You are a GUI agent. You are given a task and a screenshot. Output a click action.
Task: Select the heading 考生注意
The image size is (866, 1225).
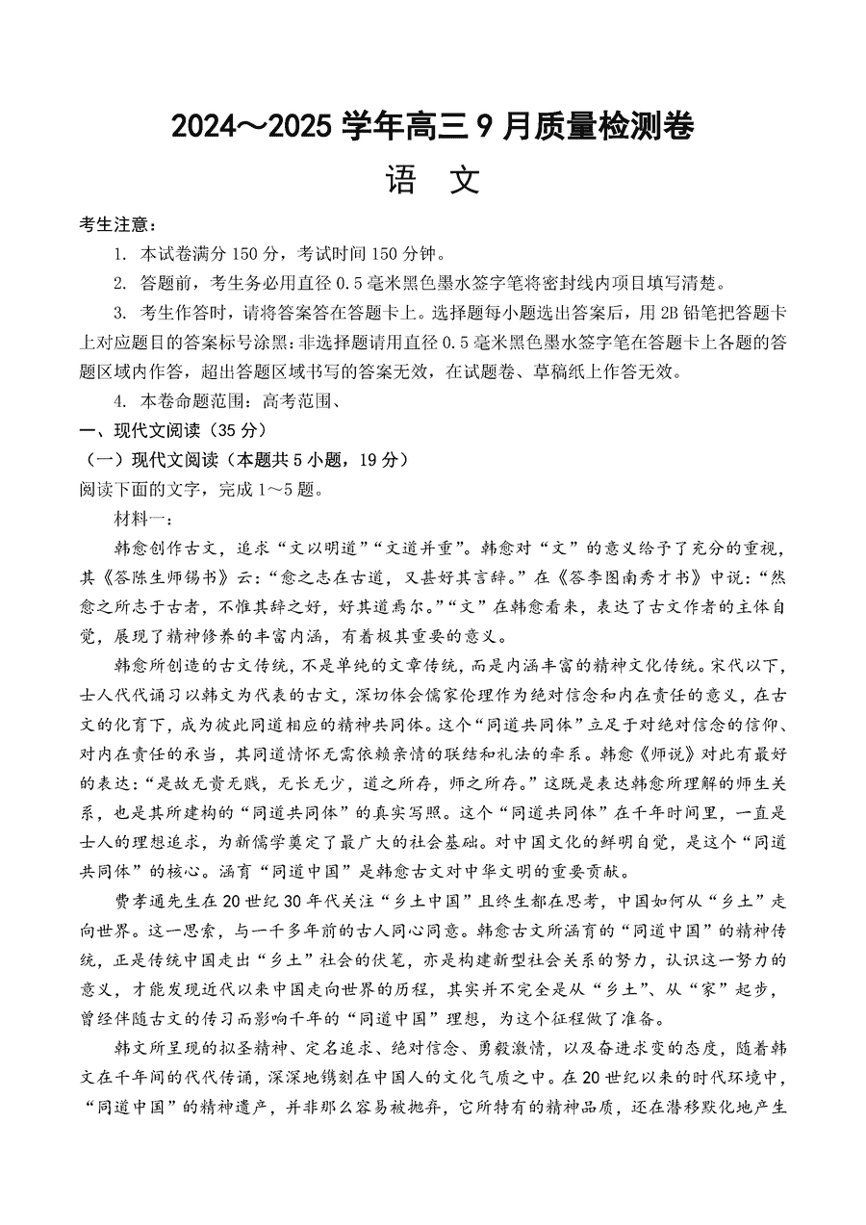click(x=114, y=225)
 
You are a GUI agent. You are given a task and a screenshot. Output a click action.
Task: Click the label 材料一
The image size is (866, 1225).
click(x=140, y=520)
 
